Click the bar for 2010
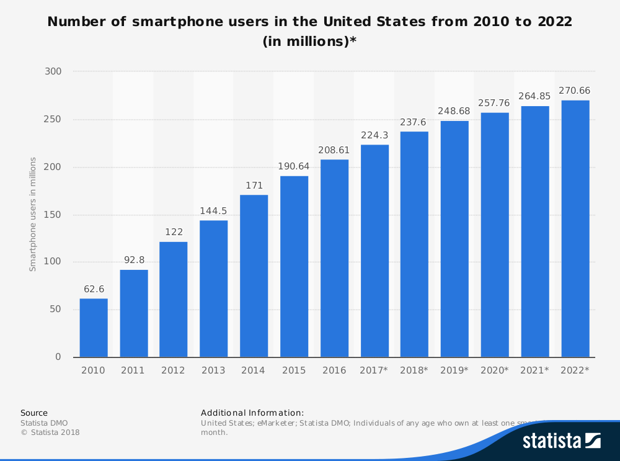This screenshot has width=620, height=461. [94, 328]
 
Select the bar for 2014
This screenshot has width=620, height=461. [254, 276]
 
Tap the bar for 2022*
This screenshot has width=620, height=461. [575, 228]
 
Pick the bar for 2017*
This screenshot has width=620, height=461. [374, 251]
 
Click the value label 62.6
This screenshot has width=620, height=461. [94, 289]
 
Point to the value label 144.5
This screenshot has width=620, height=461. [213, 210]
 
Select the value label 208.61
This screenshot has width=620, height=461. [334, 150]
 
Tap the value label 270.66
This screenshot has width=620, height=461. [575, 91]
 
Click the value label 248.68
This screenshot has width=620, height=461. [454, 111]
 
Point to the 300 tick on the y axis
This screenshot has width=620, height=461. [53, 72]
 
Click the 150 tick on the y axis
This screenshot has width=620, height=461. [53, 215]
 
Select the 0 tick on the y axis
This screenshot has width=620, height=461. [58, 357]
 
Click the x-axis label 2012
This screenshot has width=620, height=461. [173, 370]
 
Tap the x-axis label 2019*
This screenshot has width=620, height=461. [454, 370]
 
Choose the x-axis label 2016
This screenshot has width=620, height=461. [334, 370]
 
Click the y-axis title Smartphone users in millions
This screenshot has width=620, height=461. [33, 214]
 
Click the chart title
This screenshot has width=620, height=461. [310, 32]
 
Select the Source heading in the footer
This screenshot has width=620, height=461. [33, 413]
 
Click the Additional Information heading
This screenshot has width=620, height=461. [252, 413]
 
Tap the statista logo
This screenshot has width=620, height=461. [561, 441]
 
